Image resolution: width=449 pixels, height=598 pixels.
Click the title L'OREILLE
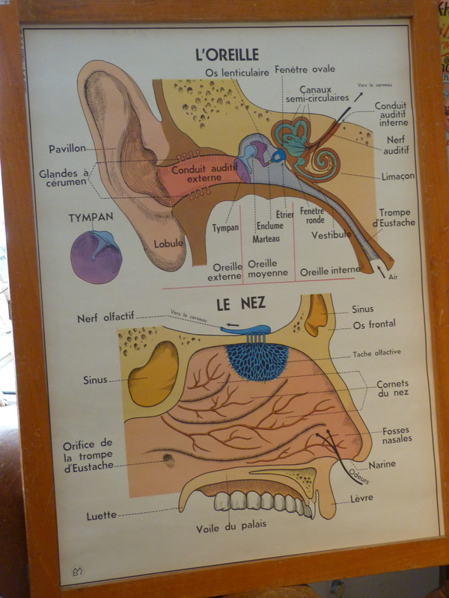(x=226, y=55)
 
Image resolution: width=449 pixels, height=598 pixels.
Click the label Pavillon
(x=67, y=148)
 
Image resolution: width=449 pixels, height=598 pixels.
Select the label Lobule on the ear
(x=168, y=243)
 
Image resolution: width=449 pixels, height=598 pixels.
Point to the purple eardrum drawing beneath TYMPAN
(x=96, y=258)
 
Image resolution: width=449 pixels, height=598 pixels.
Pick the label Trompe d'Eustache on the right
(x=394, y=218)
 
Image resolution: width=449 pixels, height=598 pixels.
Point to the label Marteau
(x=266, y=238)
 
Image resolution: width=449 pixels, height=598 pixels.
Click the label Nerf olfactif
(x=106, y=318)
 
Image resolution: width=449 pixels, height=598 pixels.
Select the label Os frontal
(x=374, y=324)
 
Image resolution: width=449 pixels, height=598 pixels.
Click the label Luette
(x=101, y=515)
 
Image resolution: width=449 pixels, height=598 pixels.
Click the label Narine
(x=382, y=464)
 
